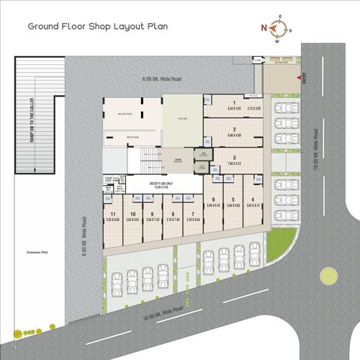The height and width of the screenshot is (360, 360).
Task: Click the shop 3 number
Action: (x=235, y=158)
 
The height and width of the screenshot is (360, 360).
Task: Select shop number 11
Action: (x=114, y=214)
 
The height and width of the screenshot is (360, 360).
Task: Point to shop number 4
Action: (x=253, y=199)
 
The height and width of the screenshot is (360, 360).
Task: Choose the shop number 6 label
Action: (x=214, y=199)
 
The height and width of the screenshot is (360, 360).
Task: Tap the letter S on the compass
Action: (x=289, y=30)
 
